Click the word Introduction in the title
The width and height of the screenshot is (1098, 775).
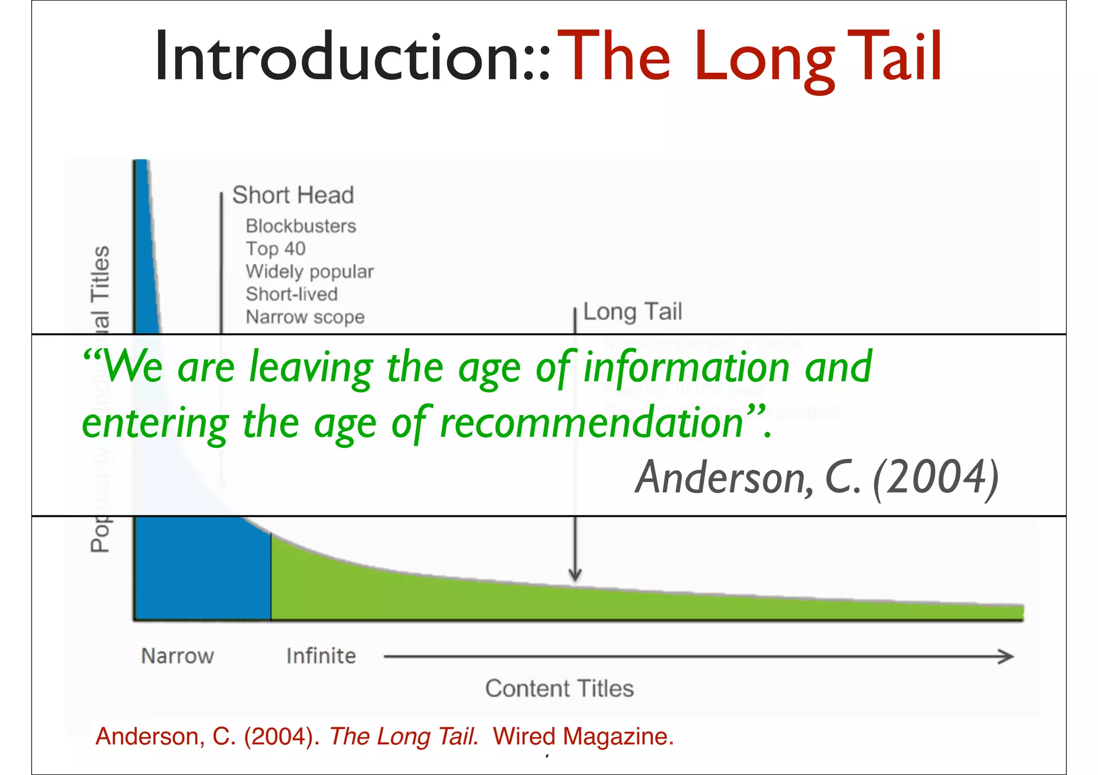pyautogui.click(x=338, y=56)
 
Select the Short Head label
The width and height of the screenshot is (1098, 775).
pyautogui.click(x=293, y=195)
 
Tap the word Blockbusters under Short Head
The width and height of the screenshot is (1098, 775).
pyautogui.click(x=301, y=226)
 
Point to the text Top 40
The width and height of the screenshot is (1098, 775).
pyautogui.click(x=276, y=249)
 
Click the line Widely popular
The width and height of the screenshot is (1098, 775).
pyautogui.click(x=309, y=272)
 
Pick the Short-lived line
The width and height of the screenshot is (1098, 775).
pyautogui.click(x=292, y=294)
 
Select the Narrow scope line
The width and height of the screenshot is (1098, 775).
pyautogui.click(x=305, y=317)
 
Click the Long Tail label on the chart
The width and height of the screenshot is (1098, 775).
pyautogui.click(x=632, y=312)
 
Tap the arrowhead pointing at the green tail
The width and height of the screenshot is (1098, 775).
pyautogui.click(x=575, y=576)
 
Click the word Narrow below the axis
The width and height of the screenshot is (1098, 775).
pyautogui.click(x=177, y=656)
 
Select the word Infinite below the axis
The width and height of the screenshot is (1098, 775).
pyautogui.click(x=321, y=656)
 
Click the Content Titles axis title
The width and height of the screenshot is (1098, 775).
pyautogui.click(x=559, y=688)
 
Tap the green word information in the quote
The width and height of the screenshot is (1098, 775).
pyautogui.click(x=686, y=367)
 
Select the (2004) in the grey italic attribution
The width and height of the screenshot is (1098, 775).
pyautogui.click(x=936, y=477)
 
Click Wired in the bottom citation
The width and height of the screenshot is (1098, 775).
pyautogui.click(x=524, y=736)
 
